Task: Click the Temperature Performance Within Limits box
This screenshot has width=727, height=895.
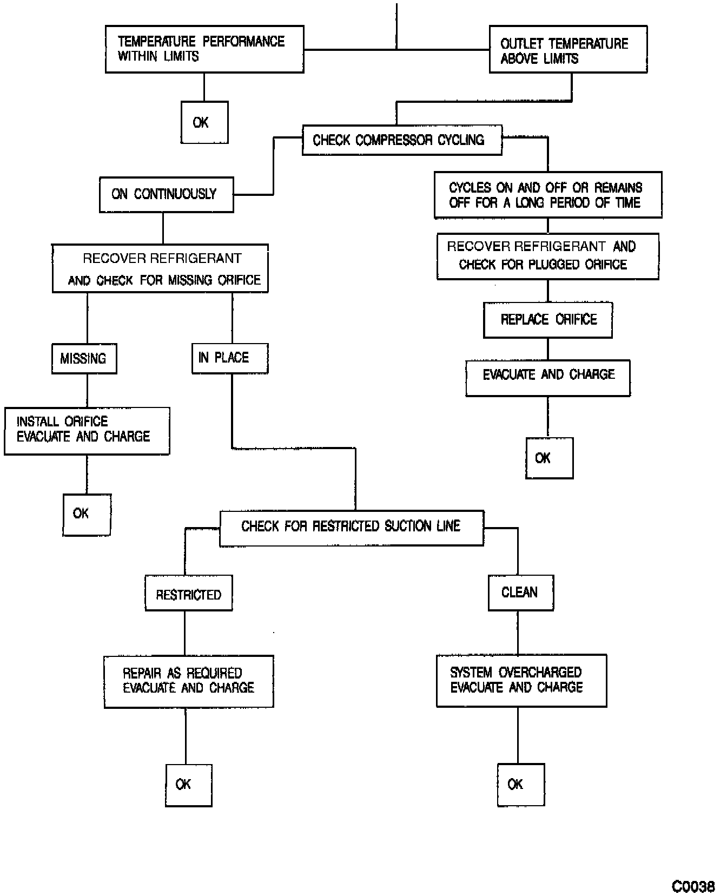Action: click(x=204, y=49)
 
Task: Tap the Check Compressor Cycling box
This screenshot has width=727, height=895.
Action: click(x=401, y=140)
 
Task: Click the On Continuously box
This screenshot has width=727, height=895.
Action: click(x=166, y=194)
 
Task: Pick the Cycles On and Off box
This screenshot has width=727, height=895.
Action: click(x=547, y=195)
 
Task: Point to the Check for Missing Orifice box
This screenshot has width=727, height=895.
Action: click(x=160, y=268)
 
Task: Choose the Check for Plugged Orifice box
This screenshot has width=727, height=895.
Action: click(x=547, y=256)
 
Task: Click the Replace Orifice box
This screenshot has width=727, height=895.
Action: click(x=547, y=320)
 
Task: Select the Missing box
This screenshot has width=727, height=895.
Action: click(x=84, y=358)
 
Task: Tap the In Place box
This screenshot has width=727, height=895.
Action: click(x=229, y=358)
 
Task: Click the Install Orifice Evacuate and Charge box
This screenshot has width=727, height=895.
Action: click(x=87, y=431)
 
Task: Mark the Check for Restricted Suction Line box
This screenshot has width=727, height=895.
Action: click(x=351, y=527)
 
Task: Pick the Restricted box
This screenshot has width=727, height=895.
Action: click(x=188, y=593)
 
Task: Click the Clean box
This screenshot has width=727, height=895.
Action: click(x=520, y=593)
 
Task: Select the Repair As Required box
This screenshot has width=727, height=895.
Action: click(x=188, y=681)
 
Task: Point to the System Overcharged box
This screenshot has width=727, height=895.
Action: click(x=521, y=680)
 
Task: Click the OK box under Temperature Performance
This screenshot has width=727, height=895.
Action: click(x=204, y=122)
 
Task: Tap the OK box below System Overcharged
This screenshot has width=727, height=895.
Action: click(x=520, y=784)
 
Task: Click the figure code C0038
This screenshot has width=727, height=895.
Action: click(x=693, y=886)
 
